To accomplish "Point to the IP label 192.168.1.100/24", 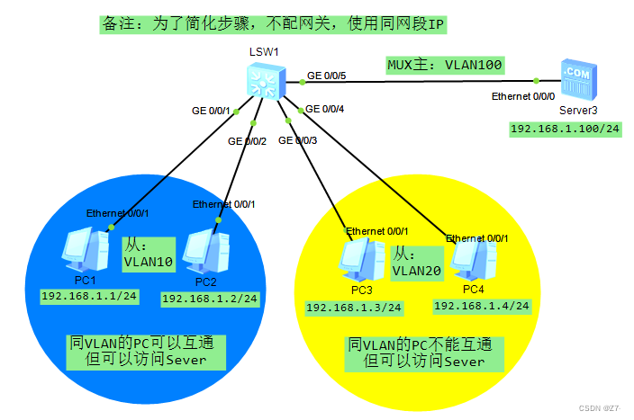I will tap(566, 129).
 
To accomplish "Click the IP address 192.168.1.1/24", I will tap(88, 295).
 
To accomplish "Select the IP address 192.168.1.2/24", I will tap(210, 298).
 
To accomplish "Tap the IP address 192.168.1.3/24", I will tap(354, 308).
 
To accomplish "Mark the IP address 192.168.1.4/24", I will tap(482, 306).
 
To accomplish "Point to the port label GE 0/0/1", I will tap(211, 111).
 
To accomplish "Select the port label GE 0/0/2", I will tap(248, 141).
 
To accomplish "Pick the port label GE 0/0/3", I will tap(298, 140).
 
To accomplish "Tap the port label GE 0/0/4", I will tap(325, 110).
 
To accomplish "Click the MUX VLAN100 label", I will tap(444, 65).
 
